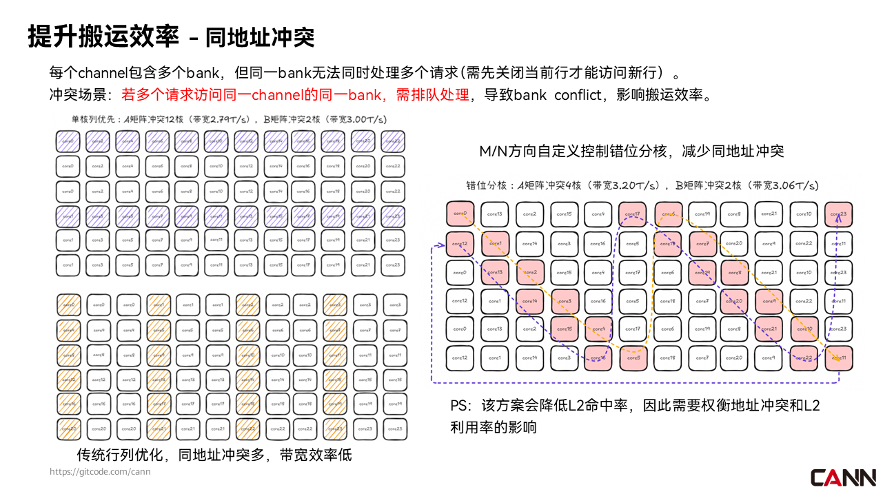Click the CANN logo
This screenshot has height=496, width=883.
pos(843,477)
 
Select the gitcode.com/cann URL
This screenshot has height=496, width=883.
pos(100,472)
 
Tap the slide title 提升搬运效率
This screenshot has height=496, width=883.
pos(103,37)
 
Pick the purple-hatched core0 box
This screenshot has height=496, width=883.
pos(68,141)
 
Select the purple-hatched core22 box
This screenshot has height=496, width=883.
pos(392,141)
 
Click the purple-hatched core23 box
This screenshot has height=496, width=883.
pos(392,216)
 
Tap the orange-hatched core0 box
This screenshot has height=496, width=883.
pos(68,304)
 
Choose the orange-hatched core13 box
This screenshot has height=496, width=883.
pos(158,380)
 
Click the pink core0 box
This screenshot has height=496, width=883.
pos(460,214)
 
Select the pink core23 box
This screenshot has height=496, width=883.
pos(839,214)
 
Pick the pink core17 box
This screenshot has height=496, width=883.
pos(633,214)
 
